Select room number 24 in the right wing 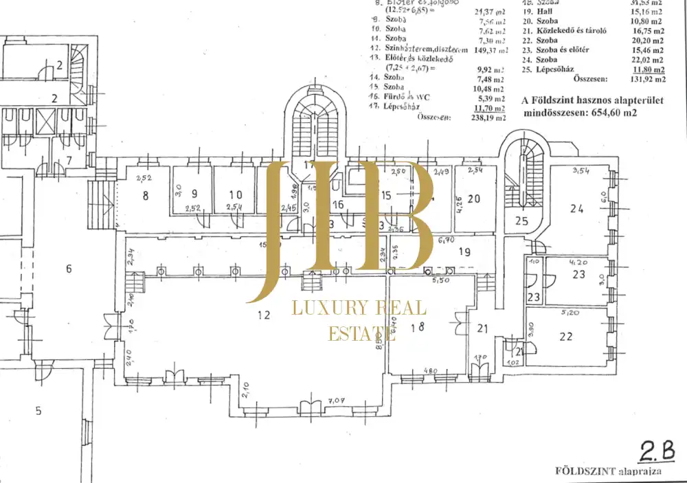(x=576, y=208)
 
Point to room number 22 (x=566, y=336)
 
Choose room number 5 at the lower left (x=38, y=412)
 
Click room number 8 (x=146, y=196)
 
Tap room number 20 (x=473, y=199)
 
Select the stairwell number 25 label (x=521, y=221)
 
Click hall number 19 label (x=465, y=252)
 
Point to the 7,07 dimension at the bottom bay (x=337, y=400)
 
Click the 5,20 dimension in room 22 (x=567, y=312)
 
